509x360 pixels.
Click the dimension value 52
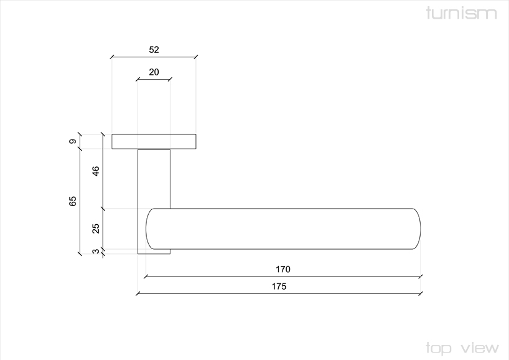(154, 50)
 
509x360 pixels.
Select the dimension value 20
(154, 72)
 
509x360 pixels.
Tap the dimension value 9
(73, 141)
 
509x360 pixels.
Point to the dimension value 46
(96, 171)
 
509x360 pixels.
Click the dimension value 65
(73, 201)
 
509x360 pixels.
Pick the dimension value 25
(96, 229)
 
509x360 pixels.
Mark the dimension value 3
(96, 251)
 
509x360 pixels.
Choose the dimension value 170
(283, 269)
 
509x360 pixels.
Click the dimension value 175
(279, 287)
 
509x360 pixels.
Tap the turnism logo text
(461, 13)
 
